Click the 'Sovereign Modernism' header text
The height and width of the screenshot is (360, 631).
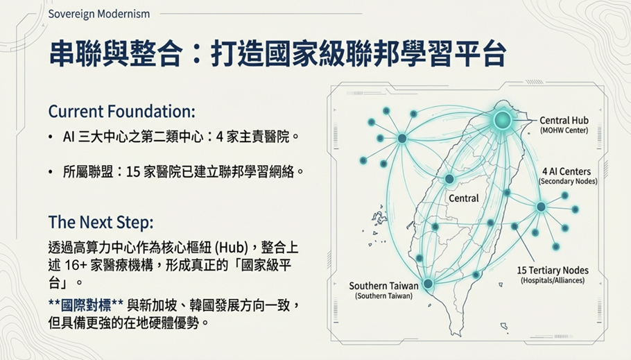[99, 14]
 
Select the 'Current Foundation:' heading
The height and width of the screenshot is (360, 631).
[121, 112]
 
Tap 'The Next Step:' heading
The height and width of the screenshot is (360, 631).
[101, 222]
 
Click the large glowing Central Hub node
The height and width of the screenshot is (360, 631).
[502, 119]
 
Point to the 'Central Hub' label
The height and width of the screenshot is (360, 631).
[564, 121]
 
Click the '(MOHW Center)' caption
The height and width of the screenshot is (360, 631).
[564, 130]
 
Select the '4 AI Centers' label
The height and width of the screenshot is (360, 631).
[567, 171]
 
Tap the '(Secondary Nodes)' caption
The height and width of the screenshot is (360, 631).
[568, 181]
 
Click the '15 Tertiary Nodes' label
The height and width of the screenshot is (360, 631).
[553, 271]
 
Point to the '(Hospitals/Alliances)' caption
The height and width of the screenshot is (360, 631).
[553, 280]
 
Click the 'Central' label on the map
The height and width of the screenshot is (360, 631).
[464, 198]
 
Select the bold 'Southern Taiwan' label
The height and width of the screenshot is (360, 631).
[383, 286]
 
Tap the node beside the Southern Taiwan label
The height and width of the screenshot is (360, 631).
[429, 284]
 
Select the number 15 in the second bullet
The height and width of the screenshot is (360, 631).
[133, 172]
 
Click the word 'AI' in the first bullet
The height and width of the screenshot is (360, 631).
[69, 137]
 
